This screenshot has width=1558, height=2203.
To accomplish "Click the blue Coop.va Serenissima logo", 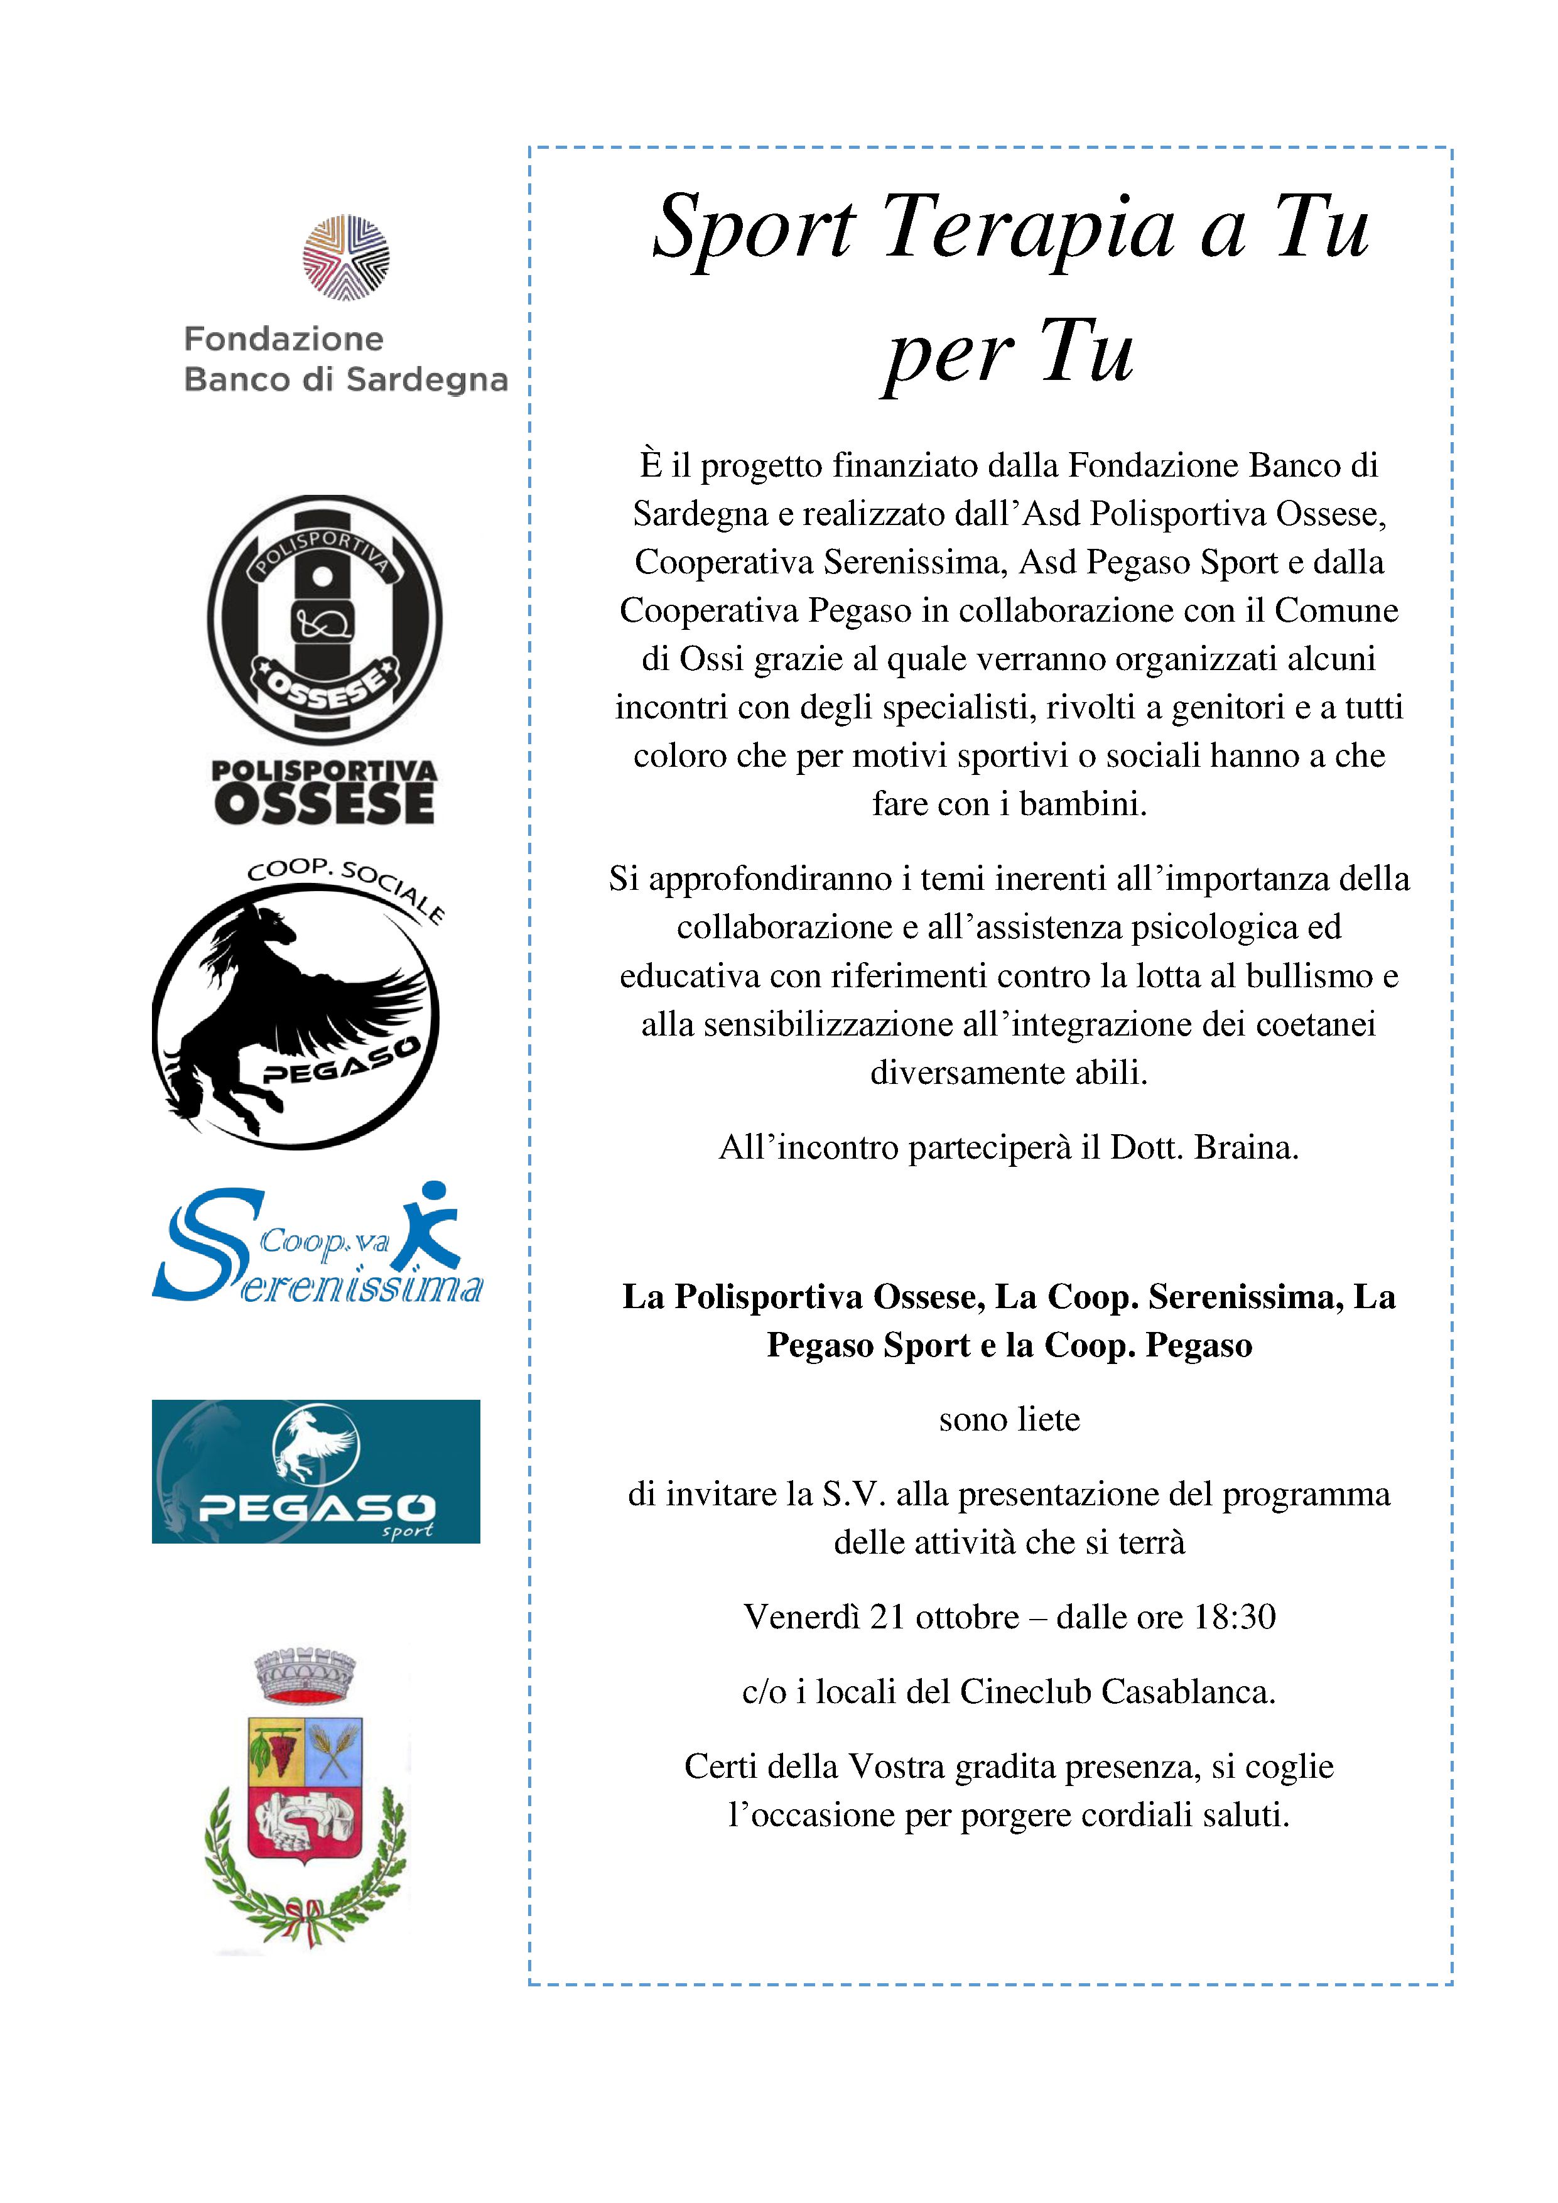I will [316, 1245].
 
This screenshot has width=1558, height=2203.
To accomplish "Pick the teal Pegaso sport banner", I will [316, 1471].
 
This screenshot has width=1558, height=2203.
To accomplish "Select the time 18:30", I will [1235, 1616].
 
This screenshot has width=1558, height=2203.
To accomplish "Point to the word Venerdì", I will [801, 1616].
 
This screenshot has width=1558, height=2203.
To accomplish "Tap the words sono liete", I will [1009, 1419].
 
